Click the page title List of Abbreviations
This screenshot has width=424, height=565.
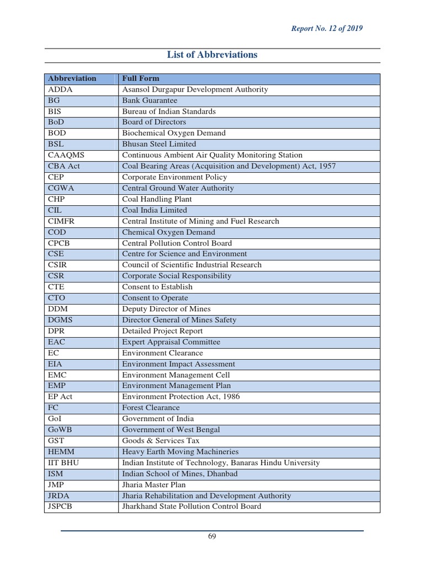pyautogui.click(x=212, y=55)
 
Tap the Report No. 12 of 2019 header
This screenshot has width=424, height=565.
pyautogui.click(x=327, y=28)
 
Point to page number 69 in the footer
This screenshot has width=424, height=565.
pyautogui.click(x=212, y=537)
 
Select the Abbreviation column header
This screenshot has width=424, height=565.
pyautogui.click(x=72, y=78)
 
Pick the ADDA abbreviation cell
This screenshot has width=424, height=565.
pyautogui.click(x=61, y=89)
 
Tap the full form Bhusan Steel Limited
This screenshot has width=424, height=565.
pyautogui.click(x=159, y=144)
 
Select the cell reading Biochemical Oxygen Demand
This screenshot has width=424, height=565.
pyautogui.click(x=174, y=133)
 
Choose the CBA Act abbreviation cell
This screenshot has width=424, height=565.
pyautogui.click(x=64, y=166)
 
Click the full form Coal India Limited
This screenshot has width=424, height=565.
pyautogui.click(x=155, y=210)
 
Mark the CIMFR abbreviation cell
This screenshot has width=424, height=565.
pyautogui.click(x=62, y=221)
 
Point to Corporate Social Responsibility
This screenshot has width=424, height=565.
pyautogui.click(x=177, y=276)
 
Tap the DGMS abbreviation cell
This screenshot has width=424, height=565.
pyautogui.click(x=61, y=320)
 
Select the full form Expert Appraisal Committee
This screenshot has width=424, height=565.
pyautogui.click(x=171, y=342)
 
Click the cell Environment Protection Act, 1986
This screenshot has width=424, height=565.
pyautogui.click(x=181, y=397)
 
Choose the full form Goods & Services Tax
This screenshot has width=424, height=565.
pyautogui.click(x=161, y=441)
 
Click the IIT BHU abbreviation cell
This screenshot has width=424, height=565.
pyautogui.click(x=63, y=463)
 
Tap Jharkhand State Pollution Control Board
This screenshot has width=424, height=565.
pyautogui.click(x=192, y=507)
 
